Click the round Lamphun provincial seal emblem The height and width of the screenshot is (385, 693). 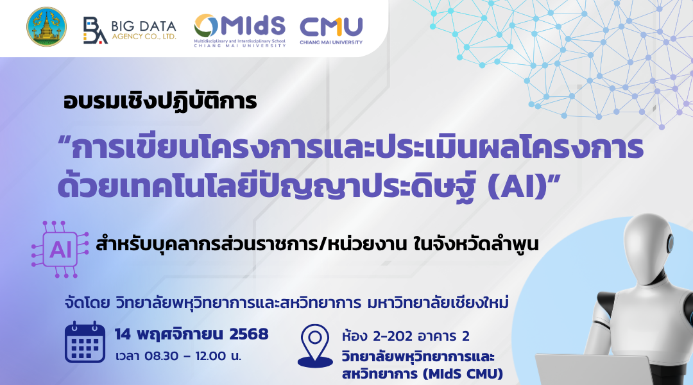point(46,27)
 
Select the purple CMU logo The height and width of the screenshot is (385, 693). point(330,27)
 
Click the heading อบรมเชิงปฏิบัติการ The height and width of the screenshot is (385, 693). point(160,102)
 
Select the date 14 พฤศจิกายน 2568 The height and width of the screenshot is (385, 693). point(191,334)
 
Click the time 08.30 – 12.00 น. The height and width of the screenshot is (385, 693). point(178,356)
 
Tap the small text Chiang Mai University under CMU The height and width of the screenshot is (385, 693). point(330,42)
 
